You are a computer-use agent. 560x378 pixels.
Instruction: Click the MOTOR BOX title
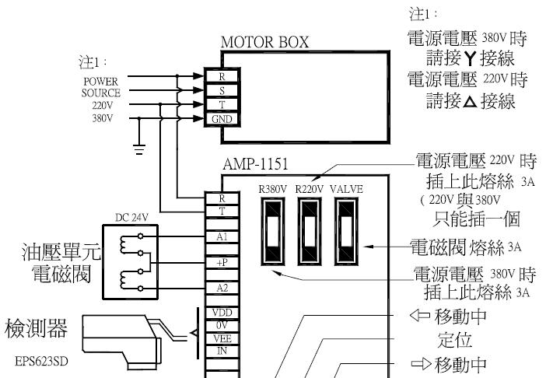tap(264, 42)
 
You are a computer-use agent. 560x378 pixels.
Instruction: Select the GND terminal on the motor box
tap(222, 119)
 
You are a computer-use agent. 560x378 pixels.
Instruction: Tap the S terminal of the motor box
tap(222, 91)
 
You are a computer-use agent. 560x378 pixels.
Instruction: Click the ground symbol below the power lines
tap(139, 149)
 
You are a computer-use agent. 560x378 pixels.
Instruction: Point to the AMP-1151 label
tap(255, 164)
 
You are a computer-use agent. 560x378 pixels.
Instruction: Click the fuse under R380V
tap(273, 232)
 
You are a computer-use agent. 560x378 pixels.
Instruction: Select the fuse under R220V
tap(310, 232)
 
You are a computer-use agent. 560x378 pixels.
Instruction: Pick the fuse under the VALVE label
tap(346, 232)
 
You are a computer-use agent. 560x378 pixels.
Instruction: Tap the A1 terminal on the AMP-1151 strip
tap(222, 237)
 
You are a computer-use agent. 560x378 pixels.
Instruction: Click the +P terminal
tap(222, 263)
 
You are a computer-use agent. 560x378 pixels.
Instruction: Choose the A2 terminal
tap(222, 288)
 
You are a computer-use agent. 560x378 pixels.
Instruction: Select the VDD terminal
tap(222, 313)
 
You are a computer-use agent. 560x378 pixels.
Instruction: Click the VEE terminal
tap(222, 338)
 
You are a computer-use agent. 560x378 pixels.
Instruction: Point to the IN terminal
tap(222, 352)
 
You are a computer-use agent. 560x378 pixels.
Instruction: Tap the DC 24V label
tap(131, 217)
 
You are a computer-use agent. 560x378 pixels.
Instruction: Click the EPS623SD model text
tap(41, 361)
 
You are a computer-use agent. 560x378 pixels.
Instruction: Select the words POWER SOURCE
tap(100, 87)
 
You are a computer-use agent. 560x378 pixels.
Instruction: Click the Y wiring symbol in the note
tap(471, 58)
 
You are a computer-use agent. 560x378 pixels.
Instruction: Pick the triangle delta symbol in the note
tap(471, 102)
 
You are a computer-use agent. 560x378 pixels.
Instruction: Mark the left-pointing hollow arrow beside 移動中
tap(420, 316)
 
